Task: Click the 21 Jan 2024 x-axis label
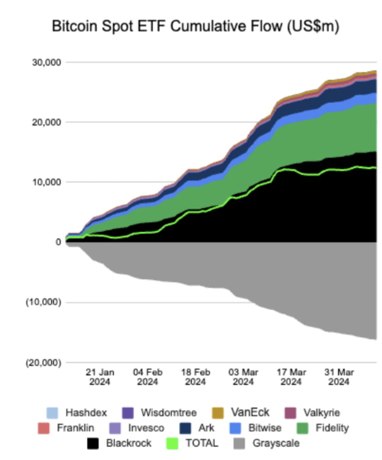100,377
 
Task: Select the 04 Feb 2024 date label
148,377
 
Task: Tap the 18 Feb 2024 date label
195,377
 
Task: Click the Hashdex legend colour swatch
52,413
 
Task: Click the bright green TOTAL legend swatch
173,443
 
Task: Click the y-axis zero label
58,242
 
